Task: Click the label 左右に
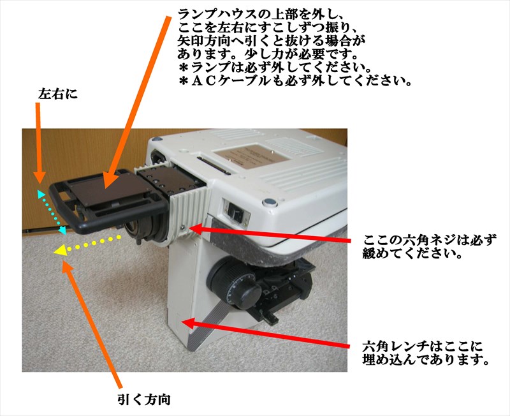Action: point(58,94)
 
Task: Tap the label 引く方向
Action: point(144,399)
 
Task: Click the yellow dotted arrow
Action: point(87,244)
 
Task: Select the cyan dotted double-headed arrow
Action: point(52,212)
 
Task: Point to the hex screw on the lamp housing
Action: point(183,228)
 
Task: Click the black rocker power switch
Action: point(235,212)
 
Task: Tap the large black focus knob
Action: point(235,283)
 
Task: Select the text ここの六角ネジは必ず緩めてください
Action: point(429,247)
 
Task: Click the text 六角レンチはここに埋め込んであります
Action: point(426,353)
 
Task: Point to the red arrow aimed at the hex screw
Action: point(270,234)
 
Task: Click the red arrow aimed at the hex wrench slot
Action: point(265,333)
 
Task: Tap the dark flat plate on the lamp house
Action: point(107,189)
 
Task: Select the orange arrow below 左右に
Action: point(39,143)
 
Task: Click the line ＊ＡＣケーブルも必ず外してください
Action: point(295,80)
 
